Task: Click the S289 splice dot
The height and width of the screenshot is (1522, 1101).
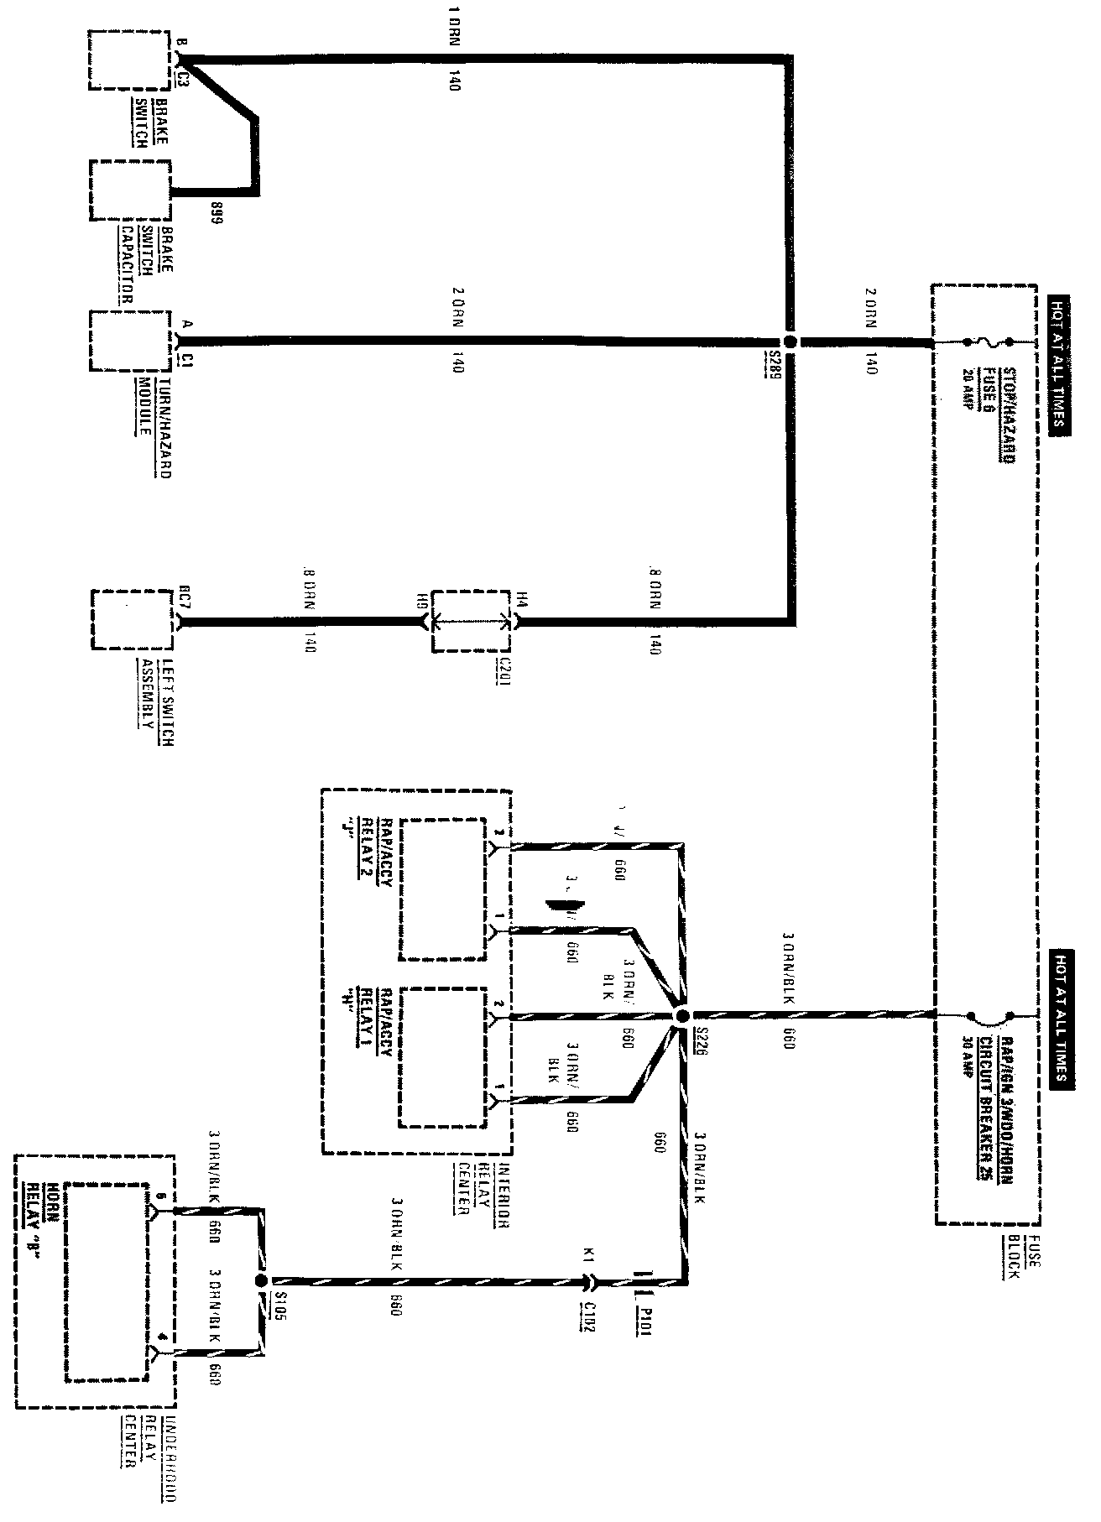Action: click(790, 342)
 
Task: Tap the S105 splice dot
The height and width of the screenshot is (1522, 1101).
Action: click(260, 1281)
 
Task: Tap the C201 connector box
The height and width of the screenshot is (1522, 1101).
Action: click(471, 622)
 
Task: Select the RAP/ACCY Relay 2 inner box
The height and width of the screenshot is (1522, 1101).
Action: click(441, 889)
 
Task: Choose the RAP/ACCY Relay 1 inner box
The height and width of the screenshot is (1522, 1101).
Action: click(443, 1057)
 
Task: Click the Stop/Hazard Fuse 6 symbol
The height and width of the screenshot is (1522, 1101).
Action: click(989, 342)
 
